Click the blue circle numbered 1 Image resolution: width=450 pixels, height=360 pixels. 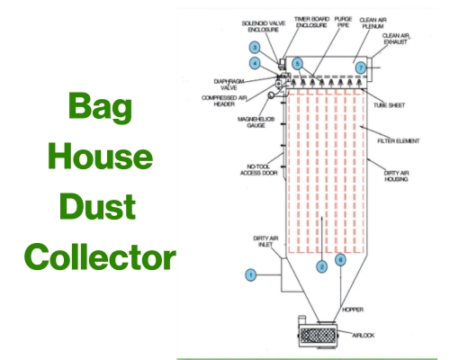[x=250, y=274]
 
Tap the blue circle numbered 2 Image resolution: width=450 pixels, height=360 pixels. [x=322, y=266]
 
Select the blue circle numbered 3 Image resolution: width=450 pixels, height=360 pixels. [x=255, y=48]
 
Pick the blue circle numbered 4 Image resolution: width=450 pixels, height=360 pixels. [x=255, y=63]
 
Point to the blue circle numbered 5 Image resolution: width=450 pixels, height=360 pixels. [x=297, y=64]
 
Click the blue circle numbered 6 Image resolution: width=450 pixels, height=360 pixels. [x=340, y=260]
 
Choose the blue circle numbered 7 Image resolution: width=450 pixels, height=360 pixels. [x=361, y=67]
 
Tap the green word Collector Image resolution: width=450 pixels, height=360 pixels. [x=100, y=257]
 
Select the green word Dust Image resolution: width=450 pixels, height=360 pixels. [x=97, y=207]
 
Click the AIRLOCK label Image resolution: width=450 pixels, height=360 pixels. [x=364, y=335]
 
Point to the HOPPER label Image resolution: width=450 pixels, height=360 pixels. [x=353, y=310]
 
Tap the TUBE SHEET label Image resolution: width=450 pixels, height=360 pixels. [x=389, y=105]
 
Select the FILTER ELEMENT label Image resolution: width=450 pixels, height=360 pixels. [x=399, y=140]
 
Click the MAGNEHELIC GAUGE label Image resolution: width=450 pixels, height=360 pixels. [x=256, y=122]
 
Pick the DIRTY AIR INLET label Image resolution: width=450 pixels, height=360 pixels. [x=265, y=241]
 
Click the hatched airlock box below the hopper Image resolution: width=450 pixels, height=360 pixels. [x=318, y=336]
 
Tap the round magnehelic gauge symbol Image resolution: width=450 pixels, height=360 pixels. [x=271, y=94]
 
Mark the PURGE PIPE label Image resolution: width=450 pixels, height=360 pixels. [x=343, y=22]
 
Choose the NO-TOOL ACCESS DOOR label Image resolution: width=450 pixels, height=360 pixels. [x=259, y=169]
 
